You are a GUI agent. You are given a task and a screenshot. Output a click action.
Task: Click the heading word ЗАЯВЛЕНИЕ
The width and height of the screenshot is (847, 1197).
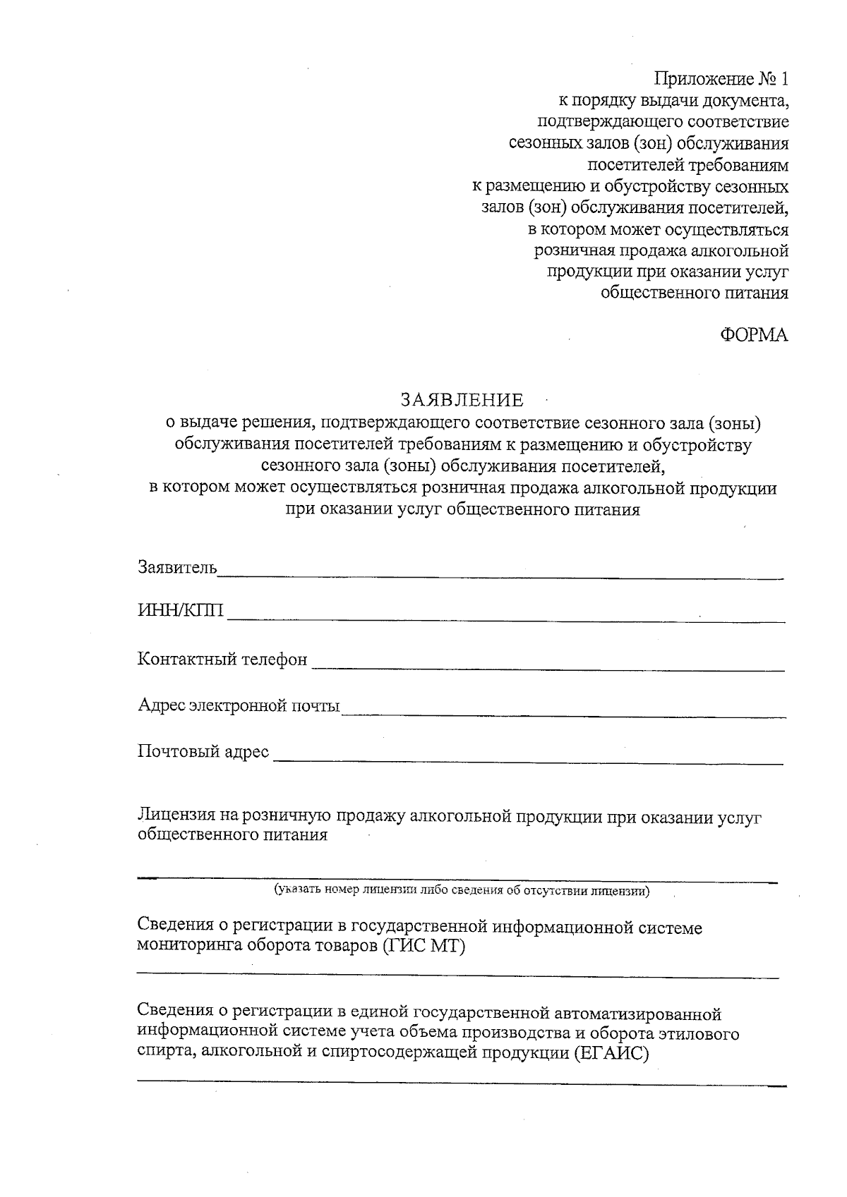click(462, 401)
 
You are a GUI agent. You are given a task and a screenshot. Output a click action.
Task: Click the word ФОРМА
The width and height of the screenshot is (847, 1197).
click(753, 336)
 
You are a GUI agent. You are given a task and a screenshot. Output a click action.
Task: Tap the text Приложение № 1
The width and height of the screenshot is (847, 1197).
click(721, 79)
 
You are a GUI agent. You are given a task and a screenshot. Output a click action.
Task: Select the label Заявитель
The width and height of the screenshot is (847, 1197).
click(177, 567)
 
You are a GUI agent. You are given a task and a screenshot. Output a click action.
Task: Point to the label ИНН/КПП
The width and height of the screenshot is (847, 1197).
click(181, 611)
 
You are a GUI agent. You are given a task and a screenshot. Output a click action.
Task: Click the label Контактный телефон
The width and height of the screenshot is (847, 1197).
click(222, 660)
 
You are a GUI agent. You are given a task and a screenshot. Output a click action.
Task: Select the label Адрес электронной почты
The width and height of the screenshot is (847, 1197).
click(239, 705)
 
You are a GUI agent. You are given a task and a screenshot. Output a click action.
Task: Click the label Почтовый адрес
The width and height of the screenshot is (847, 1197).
click(203, 752)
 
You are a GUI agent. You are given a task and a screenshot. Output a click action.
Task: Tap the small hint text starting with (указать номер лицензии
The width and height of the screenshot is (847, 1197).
click(462, 891)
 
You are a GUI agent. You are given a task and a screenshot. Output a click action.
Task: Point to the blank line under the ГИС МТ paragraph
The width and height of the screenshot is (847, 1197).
click(457, 976)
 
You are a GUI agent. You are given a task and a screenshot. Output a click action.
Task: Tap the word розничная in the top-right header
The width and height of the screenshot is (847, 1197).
click(574, 251)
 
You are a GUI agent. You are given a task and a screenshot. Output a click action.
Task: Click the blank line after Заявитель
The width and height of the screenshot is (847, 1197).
click(500, 578)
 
